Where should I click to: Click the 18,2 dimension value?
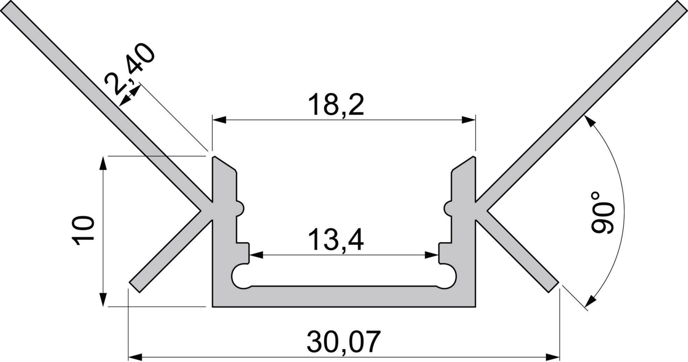point(336,105)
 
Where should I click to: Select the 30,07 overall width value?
point(343,342)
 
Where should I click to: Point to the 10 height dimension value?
point(84,230)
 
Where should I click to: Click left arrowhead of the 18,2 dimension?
point(219,120)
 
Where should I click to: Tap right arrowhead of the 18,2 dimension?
point(468,120)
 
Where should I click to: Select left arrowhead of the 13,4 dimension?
point(256,255)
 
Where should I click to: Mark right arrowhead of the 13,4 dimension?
point(432,255)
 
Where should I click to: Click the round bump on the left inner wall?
point(241,208)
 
